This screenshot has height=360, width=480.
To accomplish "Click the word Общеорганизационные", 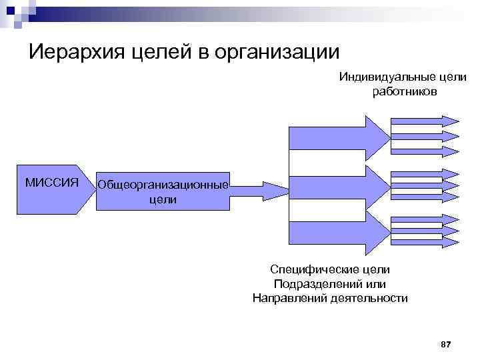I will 163,185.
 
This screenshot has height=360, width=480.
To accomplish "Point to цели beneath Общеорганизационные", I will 163,199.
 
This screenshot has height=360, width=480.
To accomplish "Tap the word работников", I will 405,91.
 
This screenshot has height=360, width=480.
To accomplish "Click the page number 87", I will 446,344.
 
